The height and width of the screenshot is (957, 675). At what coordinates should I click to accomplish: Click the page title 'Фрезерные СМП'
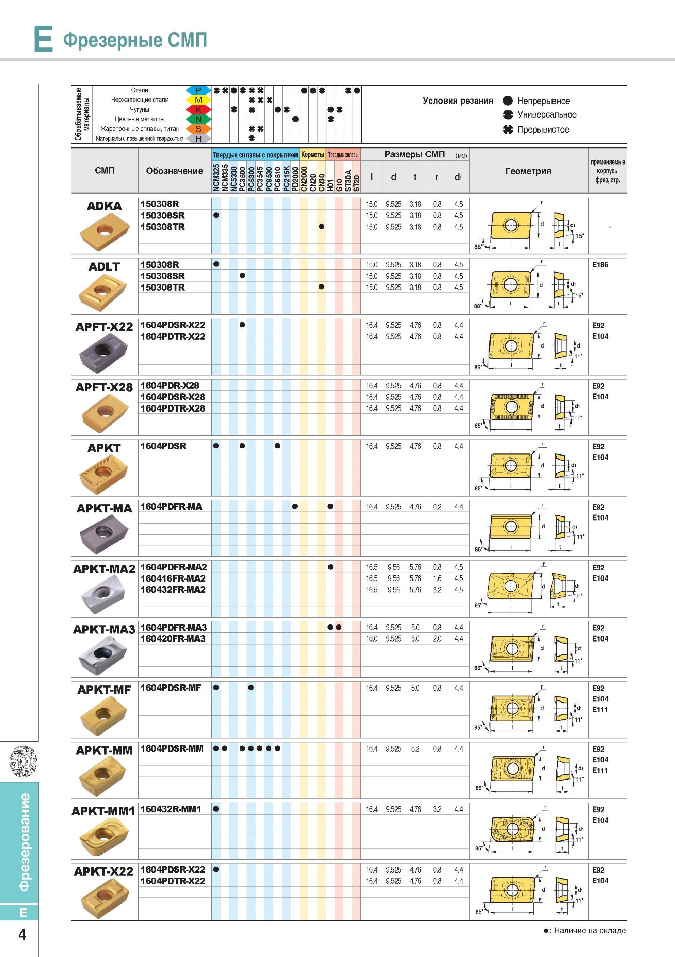135,40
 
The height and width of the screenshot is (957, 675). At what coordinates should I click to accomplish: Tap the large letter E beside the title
43,39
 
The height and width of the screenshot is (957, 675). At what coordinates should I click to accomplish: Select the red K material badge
198,110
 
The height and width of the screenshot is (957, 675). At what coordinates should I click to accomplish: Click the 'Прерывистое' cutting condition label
543,129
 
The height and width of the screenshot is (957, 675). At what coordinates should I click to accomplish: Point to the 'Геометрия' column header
528,171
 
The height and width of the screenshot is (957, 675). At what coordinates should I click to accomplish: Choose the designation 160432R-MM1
171,809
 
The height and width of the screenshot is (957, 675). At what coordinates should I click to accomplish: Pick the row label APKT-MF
104,690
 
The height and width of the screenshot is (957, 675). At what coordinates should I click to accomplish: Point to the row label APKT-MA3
104,629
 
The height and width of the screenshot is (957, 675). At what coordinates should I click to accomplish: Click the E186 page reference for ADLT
600,265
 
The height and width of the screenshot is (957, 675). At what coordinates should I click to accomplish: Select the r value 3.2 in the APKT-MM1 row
437,809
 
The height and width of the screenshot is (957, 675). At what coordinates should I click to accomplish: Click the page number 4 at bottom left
22,935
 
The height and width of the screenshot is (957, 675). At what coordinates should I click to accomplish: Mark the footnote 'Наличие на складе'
590,931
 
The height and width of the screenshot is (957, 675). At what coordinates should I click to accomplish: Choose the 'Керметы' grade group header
312,155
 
